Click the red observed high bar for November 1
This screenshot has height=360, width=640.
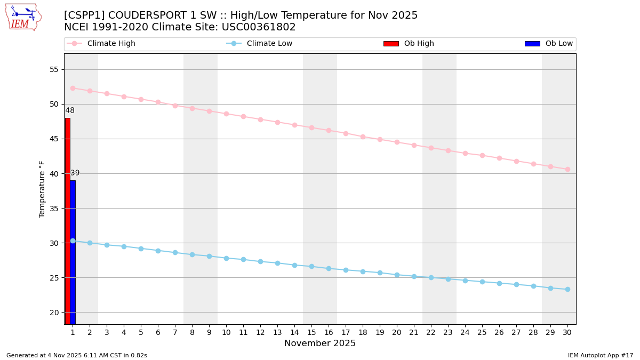pos(68,221)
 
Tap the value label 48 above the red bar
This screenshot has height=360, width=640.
pos(70,110)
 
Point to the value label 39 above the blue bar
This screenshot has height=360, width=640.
pos(75,173)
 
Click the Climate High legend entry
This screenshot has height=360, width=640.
pos(111,44)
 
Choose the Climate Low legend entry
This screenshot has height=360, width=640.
pos(269,44)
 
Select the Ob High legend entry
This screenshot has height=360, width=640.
pos(419,44)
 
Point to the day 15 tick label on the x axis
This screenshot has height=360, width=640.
pos(311,332)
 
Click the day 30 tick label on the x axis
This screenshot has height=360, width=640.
pos(567,332)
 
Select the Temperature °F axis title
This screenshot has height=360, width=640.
pos(42,189)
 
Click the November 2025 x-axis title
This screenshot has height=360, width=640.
pos(320,343)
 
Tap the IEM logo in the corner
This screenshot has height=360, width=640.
pos(23,17)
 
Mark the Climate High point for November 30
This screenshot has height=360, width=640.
pos(567,169)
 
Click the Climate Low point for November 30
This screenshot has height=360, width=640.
pos(567,289)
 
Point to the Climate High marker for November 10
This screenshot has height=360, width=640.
pos(226,114)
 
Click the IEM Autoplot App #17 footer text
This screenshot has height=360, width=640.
pos(601,355)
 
